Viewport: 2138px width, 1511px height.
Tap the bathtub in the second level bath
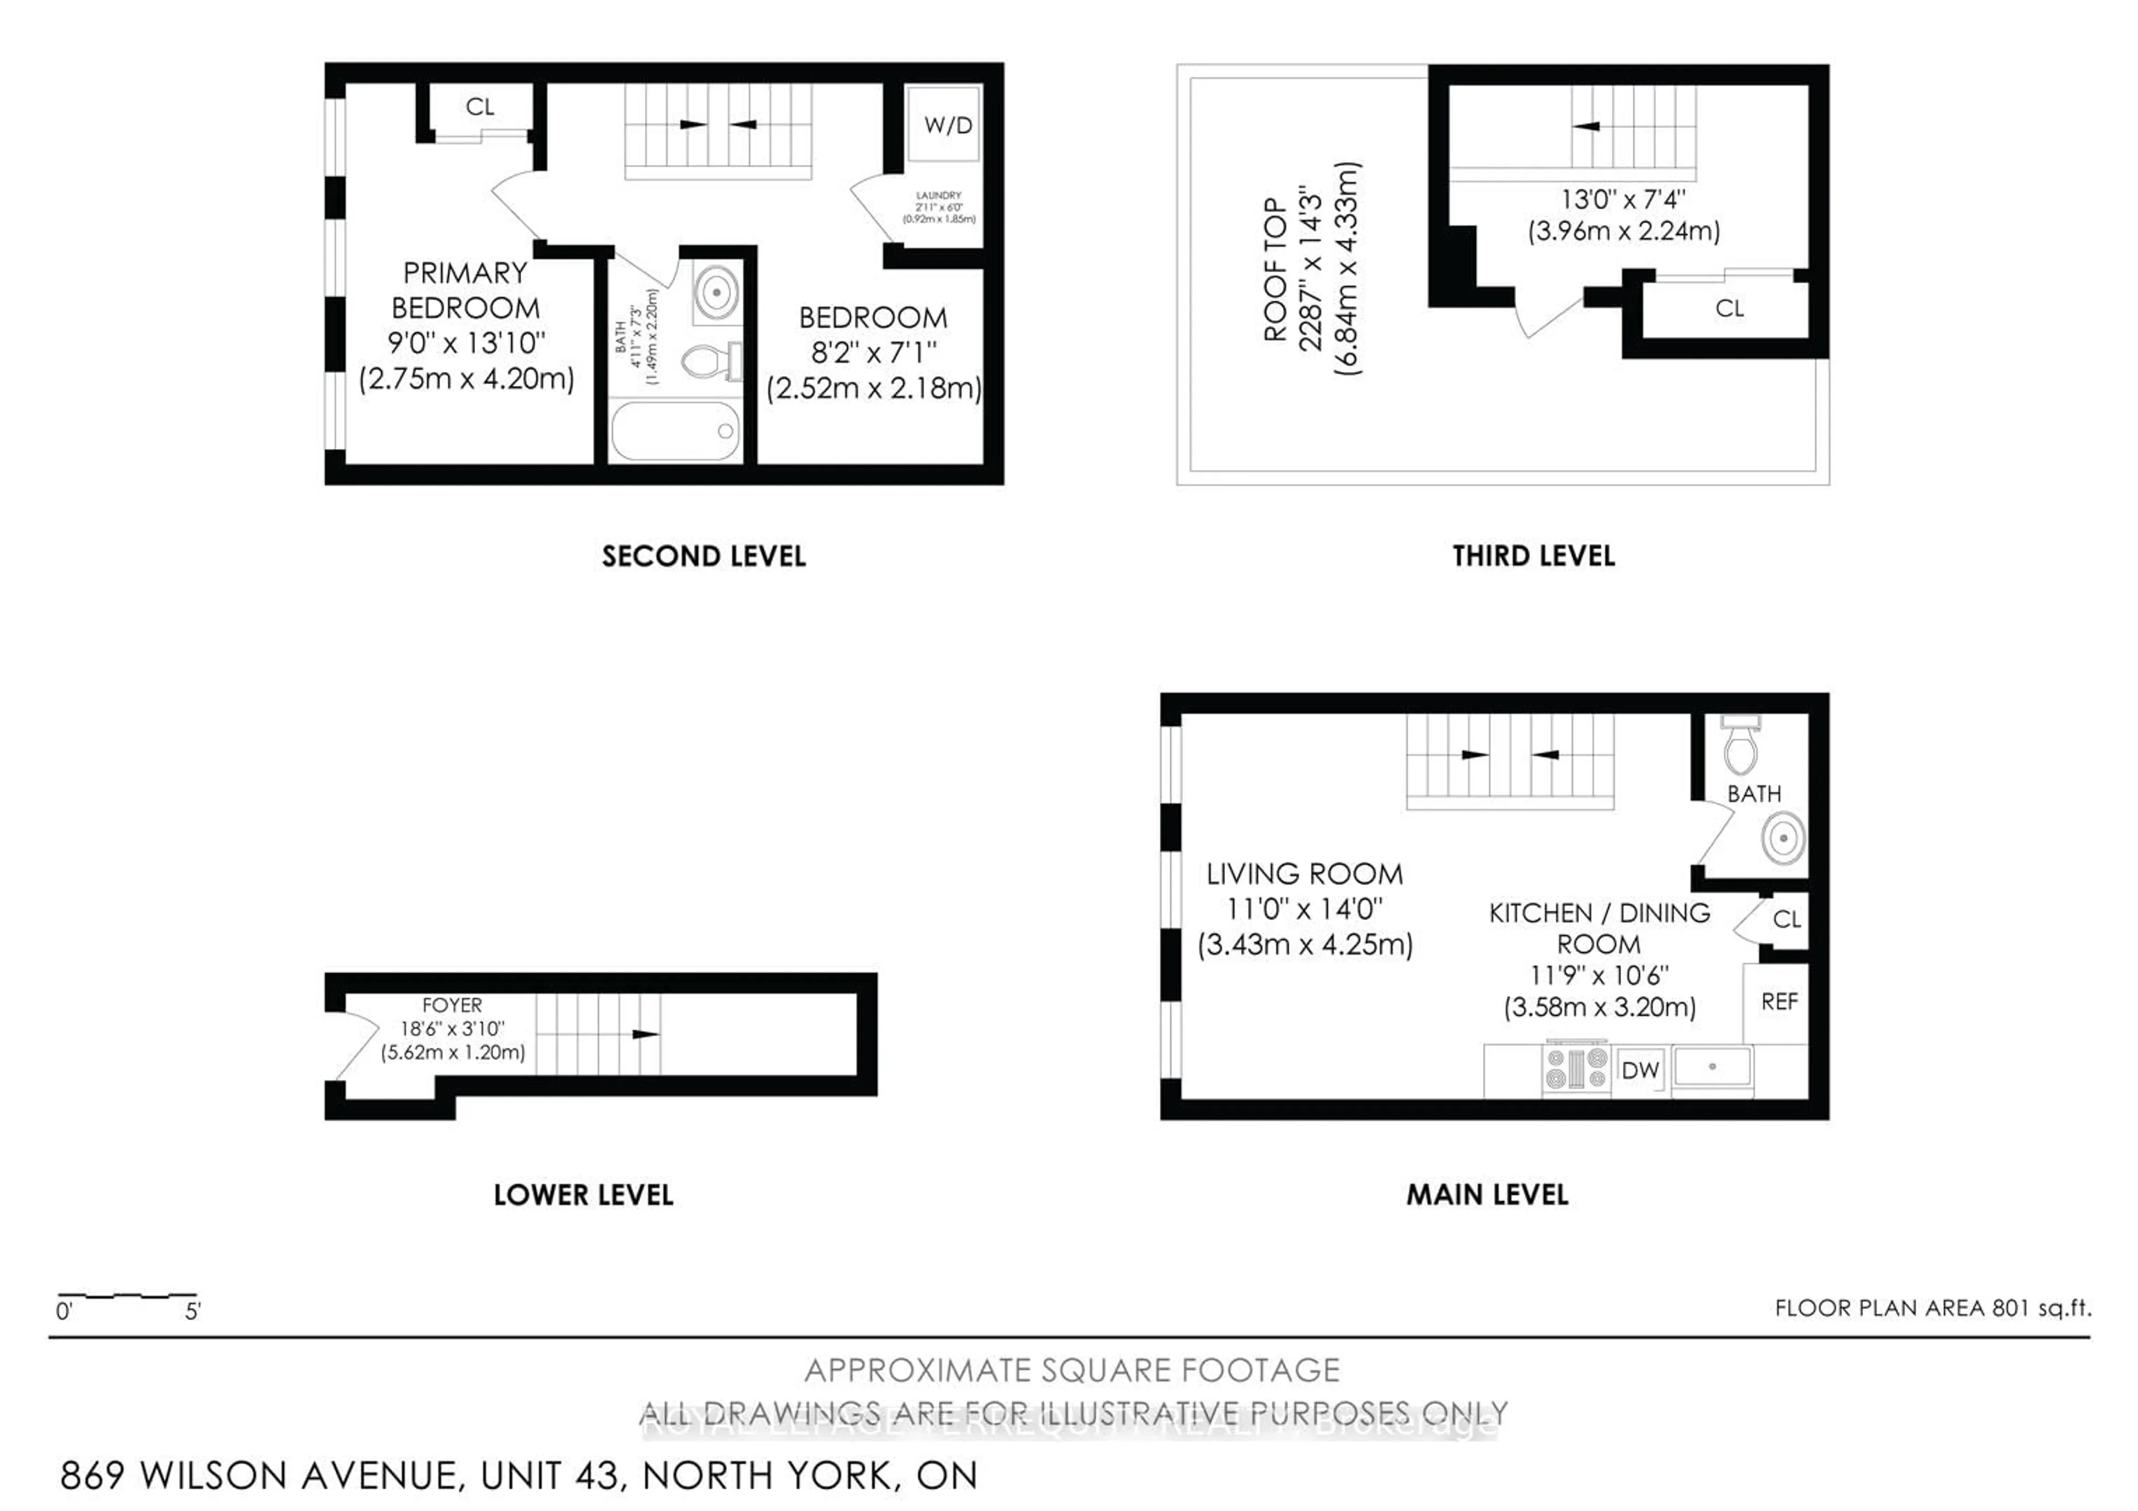coord(675,430)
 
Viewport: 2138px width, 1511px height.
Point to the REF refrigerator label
coord(1778,1002)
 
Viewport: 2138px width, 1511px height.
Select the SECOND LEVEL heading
coord(703,557)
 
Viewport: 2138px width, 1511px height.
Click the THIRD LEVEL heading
coord(1533,557)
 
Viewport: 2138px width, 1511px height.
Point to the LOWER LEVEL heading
coord(583,1195)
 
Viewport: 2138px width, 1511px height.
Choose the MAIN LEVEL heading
coord(1487,1195)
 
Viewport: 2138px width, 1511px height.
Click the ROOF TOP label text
coord(1275,270)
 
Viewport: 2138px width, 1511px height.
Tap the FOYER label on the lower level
coord(453,1005)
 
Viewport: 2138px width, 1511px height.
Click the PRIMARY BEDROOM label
coord(465,291)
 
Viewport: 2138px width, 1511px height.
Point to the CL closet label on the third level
coord(1729,308)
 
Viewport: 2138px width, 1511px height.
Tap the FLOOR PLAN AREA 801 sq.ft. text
coord(1932,1308)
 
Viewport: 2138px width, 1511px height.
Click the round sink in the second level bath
coord(716,292)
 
